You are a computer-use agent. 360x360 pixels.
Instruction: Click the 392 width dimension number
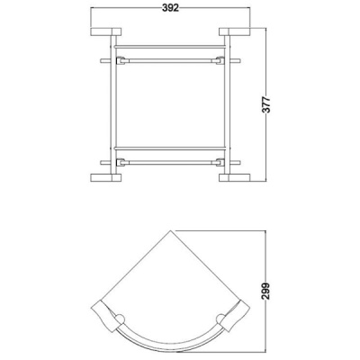(x=170, y=8)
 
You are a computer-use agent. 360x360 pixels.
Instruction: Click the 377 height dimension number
(x=266, y=104)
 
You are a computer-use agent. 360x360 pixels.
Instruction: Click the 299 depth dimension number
(x=266, y=291)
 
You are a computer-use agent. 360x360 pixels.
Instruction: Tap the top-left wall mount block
(x=105, y=31)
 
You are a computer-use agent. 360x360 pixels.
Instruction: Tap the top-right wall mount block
(x=235, y=31)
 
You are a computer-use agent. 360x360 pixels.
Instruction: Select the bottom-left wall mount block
(x=105, y=178)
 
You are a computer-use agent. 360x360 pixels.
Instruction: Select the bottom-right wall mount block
(x=235, y=178)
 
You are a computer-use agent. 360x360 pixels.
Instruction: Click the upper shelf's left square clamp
(x=121, y=60)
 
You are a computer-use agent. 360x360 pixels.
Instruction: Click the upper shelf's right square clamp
(x=220, y=60)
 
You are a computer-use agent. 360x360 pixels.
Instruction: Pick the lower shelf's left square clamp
(x=121, y=162)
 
